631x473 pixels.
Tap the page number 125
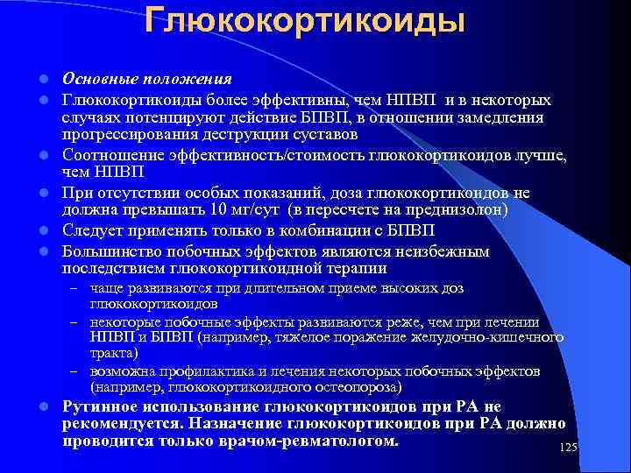click(x=568, y=448)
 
